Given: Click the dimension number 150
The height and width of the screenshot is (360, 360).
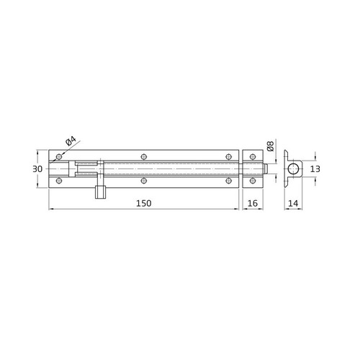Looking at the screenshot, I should point(143,204).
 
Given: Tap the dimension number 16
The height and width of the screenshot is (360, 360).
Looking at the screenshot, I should point(251,204).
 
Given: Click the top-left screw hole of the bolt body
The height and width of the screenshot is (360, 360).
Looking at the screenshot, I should point(58,156).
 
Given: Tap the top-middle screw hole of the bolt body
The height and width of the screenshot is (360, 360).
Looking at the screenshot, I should point(144,156).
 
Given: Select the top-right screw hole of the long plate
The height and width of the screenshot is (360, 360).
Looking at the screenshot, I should point(230,156).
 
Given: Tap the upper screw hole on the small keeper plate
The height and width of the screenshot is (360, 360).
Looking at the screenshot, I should point(251,156).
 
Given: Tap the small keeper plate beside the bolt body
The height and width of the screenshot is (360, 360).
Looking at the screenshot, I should point(251,168).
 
